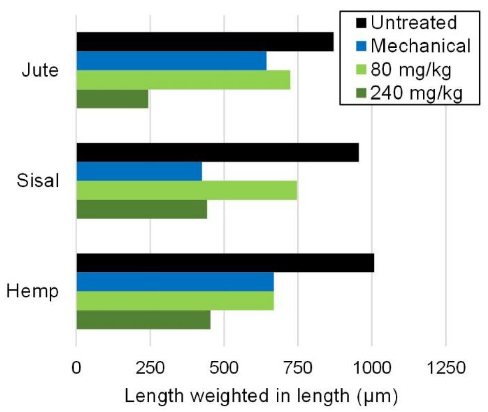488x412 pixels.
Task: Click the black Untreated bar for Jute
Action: (x=205, y=42)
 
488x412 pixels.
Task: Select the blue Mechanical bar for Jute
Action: (x=171, y=61)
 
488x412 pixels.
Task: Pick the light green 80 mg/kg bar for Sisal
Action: (x=187, y=190)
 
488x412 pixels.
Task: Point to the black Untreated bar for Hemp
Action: (x=225, y=263)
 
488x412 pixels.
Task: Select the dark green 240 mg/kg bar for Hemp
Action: (x=143, y=320)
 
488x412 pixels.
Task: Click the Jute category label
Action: (x=40, y=70)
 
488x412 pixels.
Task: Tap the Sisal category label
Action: (x=38, y=181)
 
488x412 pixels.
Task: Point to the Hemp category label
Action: (x=33, y=291)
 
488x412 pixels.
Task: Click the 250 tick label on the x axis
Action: (x=150, y=368)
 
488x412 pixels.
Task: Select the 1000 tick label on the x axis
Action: (x=372, y=368)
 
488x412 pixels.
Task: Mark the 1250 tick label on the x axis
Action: (x=446, y=368)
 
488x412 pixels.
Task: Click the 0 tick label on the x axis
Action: (x=76, y=368)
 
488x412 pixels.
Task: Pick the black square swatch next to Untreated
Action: (x=361, y=23)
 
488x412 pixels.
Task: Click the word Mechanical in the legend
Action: (x=420, y=46)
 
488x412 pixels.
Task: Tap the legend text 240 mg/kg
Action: (x=416, y=93)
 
